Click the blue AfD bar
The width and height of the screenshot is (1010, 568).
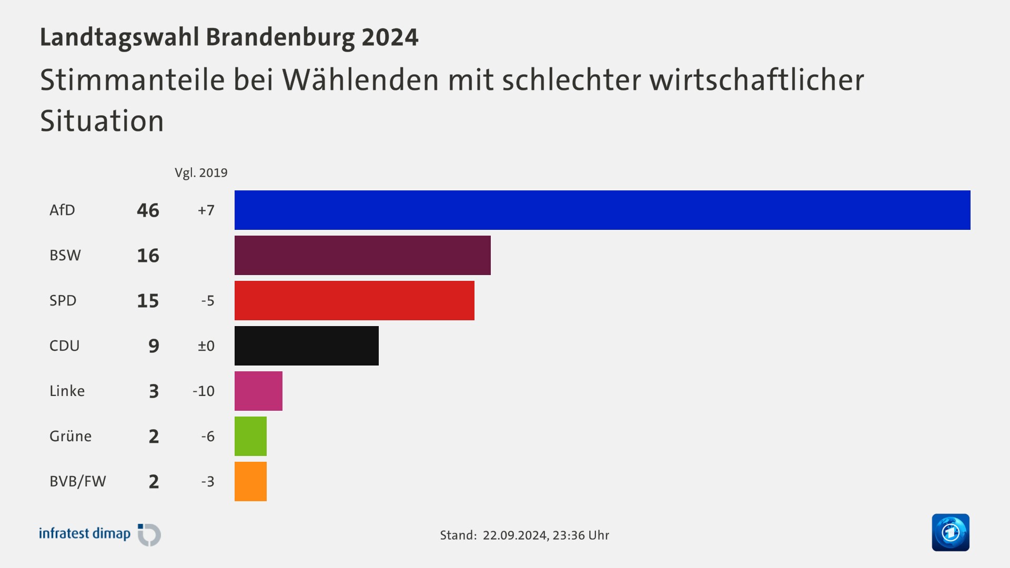click(602, 210)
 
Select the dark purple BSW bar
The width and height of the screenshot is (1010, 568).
click(362, 255)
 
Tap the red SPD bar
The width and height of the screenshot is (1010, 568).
click(354, 300)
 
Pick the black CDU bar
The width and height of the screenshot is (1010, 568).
click(306, 346)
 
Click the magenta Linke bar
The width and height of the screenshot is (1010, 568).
click(258, 391)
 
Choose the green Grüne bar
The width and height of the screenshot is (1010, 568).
click(250, 436)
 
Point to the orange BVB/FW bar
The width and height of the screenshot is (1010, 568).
click(250, 481)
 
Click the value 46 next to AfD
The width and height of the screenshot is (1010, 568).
click(148, 210)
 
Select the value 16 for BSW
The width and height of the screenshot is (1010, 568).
click(148, 256)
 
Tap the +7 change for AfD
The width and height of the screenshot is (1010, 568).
click(206, 210)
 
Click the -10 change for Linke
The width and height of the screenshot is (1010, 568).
click(204, 391)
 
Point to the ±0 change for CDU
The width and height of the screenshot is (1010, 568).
click(206, 346)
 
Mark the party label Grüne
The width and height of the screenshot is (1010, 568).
click(70, 436)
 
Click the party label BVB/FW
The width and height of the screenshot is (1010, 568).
click(78, 481)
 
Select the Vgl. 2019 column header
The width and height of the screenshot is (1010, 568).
click(201, 173)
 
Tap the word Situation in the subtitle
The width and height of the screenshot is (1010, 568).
click(102, 121)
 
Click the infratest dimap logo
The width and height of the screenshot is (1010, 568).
click(99, 534)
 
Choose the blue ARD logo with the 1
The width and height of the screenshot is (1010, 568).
click(950, 532)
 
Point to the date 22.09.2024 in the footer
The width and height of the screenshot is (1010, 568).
click(515, 535)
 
